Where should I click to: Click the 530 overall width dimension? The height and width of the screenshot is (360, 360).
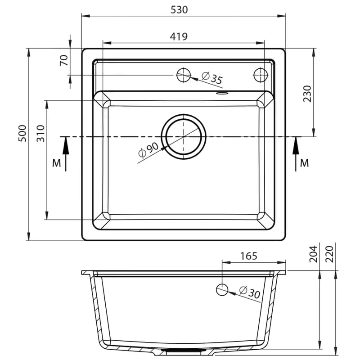(179, 9)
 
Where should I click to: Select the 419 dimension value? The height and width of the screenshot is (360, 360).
(179, 36)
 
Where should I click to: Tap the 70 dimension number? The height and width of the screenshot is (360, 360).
(64, 60)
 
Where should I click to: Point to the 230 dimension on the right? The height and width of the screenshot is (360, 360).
(307, 94)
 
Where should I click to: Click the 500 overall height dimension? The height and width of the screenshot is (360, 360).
(22, 133)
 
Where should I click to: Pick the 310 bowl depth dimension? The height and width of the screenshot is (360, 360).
(40, 133)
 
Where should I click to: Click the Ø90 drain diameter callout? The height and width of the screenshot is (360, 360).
(148, 150)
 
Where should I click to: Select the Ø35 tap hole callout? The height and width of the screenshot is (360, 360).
(212, 77)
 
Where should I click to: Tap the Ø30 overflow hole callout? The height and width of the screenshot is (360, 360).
(250, 292)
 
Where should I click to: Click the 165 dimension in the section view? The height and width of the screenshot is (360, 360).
(249, 256)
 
